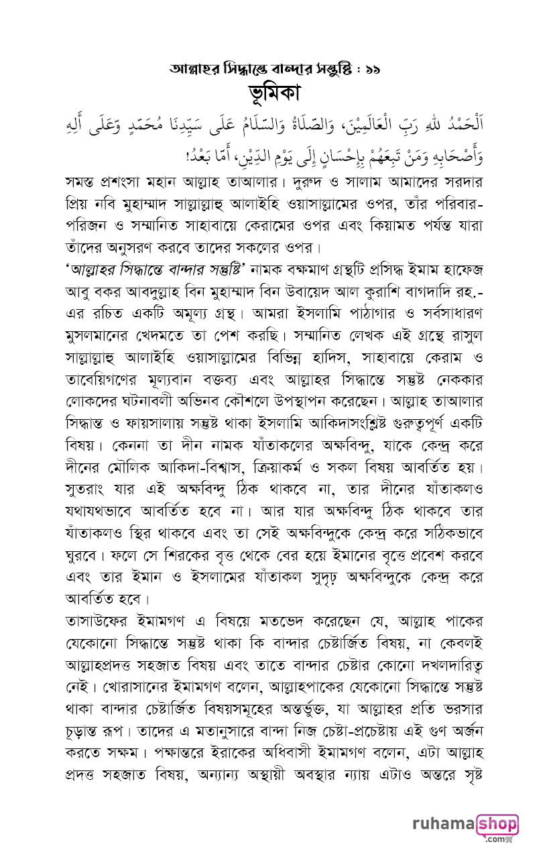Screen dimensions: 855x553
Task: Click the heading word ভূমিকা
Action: (x=277, y=93)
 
